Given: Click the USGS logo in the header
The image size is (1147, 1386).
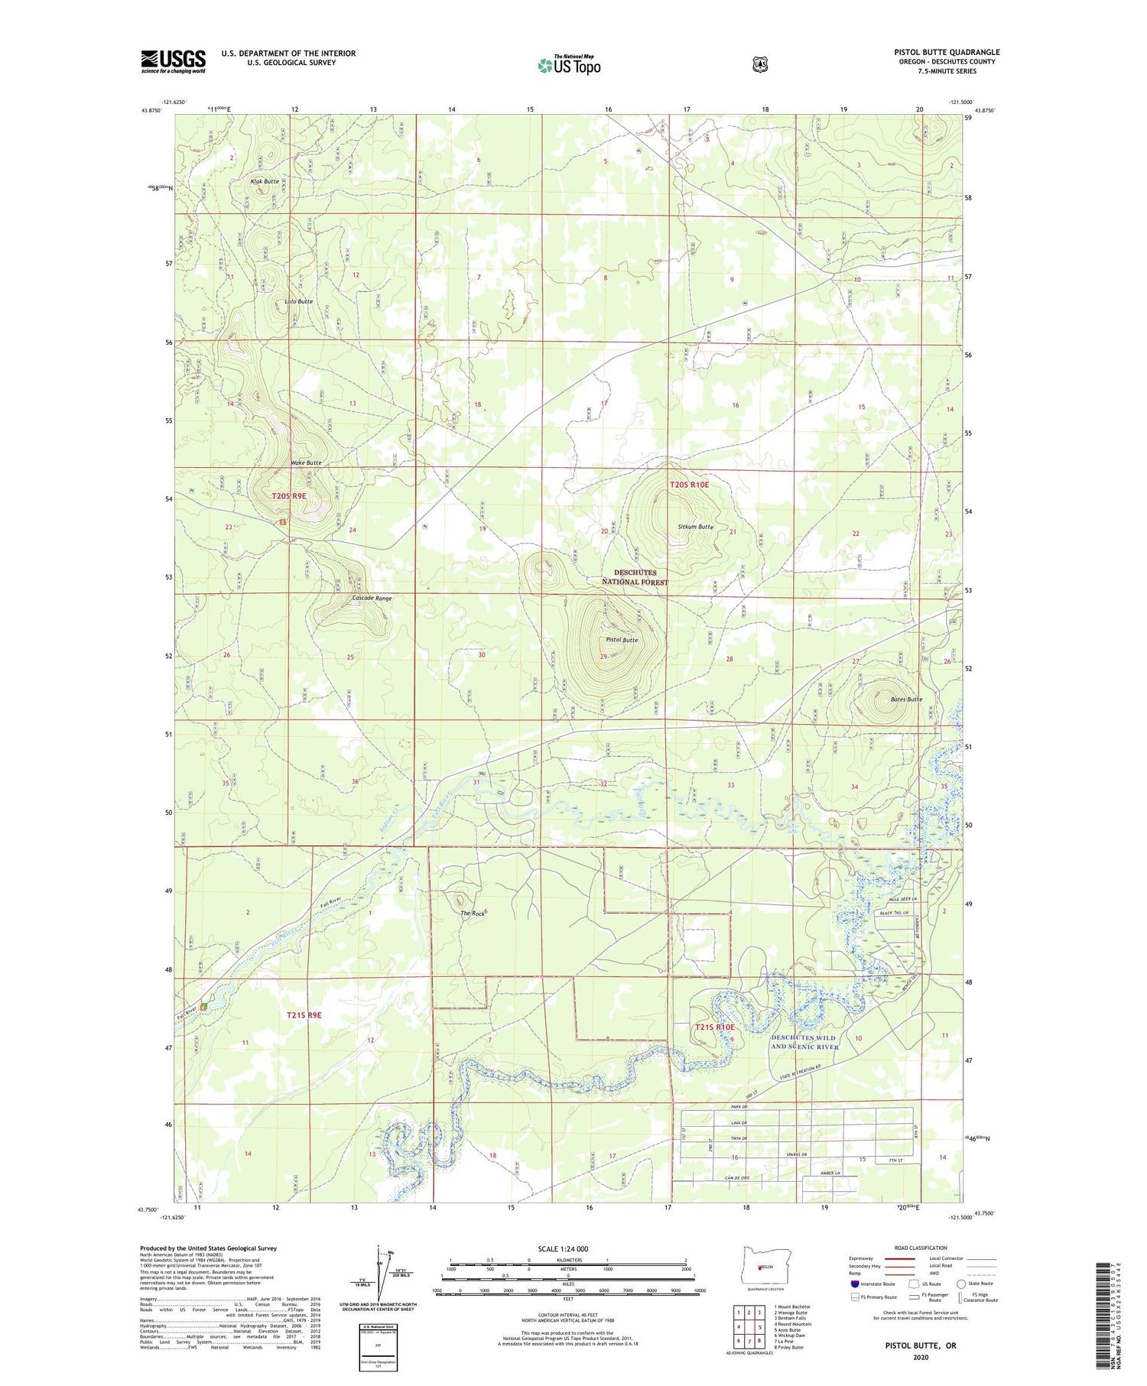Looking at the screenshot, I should click(174, 61).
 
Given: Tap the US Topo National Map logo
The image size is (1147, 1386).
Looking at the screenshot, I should click(569, 64).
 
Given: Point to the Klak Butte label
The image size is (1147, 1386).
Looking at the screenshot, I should click(265, 182).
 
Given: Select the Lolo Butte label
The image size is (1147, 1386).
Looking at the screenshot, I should click(298, 301).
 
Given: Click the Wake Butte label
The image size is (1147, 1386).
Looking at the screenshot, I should click(305, 463).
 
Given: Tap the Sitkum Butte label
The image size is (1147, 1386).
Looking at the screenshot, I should click(695, 527).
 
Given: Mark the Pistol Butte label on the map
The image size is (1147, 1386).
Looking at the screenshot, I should click(621, 640).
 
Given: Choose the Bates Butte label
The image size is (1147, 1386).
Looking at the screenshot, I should click(906, 699).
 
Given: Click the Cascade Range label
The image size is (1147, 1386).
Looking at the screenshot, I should click(372, 598).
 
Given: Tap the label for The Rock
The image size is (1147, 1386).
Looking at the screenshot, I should click(472, 914).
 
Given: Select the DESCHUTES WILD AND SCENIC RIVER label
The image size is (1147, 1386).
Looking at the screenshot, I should click(804, 1042).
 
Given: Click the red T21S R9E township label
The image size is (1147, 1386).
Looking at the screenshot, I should click(304, 1014).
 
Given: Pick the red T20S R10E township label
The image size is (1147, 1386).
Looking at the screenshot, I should click(690, 485).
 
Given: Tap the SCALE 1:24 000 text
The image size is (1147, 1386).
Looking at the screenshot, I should click(563, 1248).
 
